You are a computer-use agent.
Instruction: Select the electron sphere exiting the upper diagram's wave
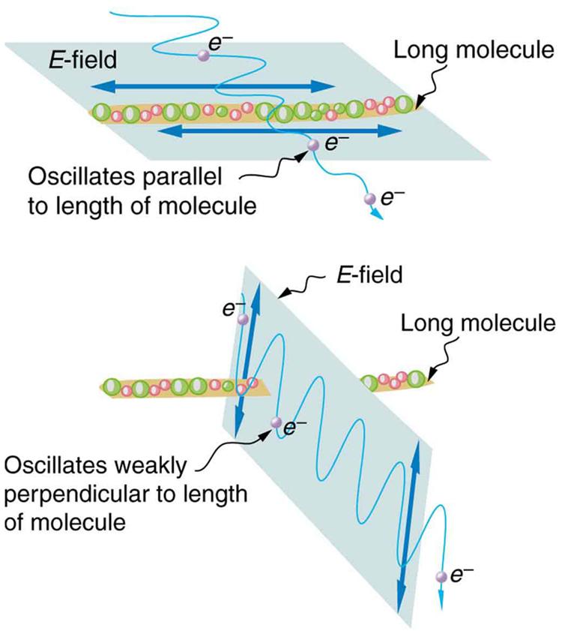368,199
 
